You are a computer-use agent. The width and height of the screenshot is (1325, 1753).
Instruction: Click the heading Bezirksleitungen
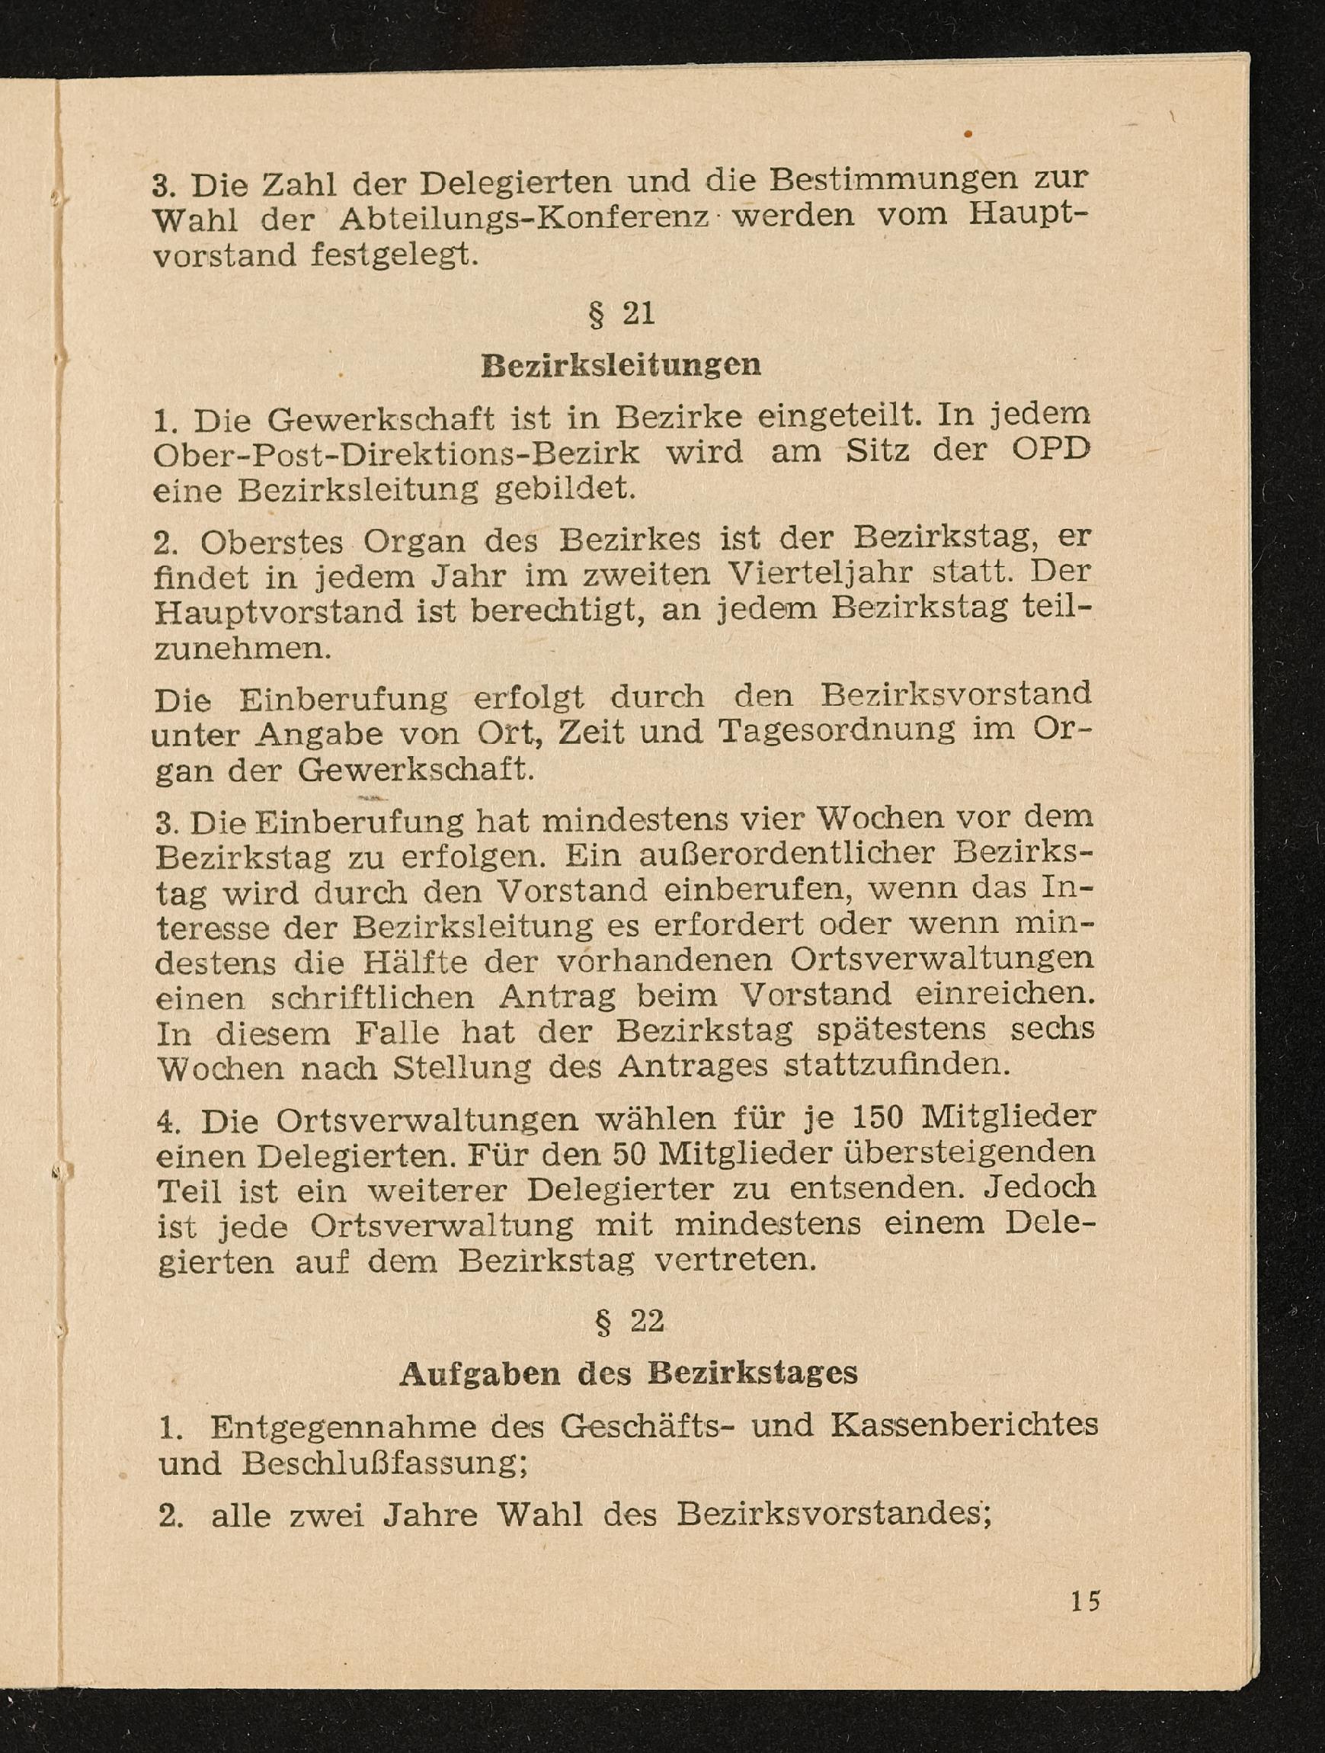point(620,365)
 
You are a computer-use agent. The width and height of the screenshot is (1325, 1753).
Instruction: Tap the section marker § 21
point(621,315)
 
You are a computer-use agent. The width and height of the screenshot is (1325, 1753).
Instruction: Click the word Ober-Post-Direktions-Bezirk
point(396,453)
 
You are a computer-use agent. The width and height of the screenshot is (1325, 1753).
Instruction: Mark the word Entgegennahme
point(343,1428)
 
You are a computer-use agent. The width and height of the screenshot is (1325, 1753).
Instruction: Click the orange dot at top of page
point(968,135)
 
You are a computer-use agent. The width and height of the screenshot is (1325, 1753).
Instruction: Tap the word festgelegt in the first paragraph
point(395,256)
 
